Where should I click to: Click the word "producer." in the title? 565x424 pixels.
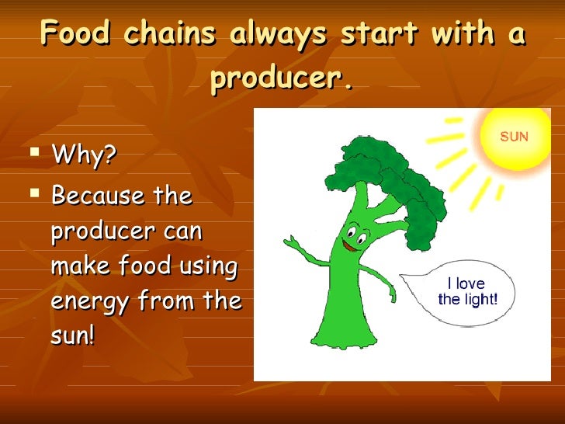pos(282,78)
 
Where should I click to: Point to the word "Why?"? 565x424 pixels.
pos(84,156)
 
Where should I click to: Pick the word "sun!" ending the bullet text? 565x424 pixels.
pos(71,337)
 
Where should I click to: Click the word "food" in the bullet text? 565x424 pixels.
pos(153,266)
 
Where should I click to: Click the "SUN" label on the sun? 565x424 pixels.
pos(514,137)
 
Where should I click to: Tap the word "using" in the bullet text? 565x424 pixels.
pos(209,266)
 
